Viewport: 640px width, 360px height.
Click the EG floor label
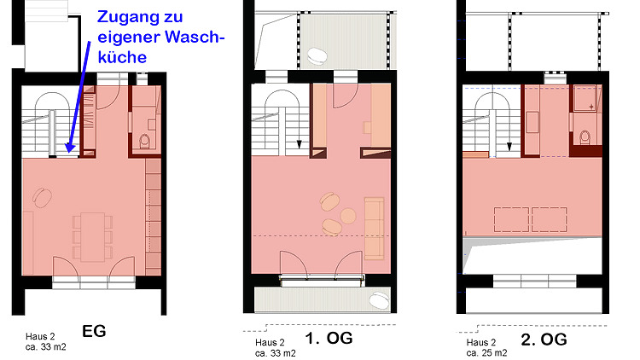coord(94,331)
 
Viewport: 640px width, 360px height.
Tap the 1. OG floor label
coord(329,338)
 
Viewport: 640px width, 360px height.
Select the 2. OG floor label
coord(544,340)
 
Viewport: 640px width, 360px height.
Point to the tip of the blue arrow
coord(69,152)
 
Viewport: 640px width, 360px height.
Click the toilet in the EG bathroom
coord(144,142)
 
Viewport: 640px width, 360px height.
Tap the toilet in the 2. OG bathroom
coord(585,137)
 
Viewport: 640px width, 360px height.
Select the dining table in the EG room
coord(93,237)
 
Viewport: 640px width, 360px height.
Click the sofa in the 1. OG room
coord(374,228)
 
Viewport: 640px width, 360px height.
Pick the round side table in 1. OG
coord(348,216)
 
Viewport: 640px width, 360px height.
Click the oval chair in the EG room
coord(42,198)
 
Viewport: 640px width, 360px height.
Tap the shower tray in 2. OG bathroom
coord(585,98)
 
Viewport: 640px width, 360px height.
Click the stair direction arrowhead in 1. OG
coord(299,144)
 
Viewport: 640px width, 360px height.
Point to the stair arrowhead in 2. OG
coord(509,146)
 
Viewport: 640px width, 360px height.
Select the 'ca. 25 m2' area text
coord(486,352)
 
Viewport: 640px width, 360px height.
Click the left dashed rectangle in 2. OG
coord(511,219)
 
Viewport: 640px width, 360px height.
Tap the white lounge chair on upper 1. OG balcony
coord(317,56)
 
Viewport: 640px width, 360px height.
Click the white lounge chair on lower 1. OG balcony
coord(379,300)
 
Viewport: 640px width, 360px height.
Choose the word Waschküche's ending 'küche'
coord(122,57)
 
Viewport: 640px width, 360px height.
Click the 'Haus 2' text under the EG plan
coord(40,337)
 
